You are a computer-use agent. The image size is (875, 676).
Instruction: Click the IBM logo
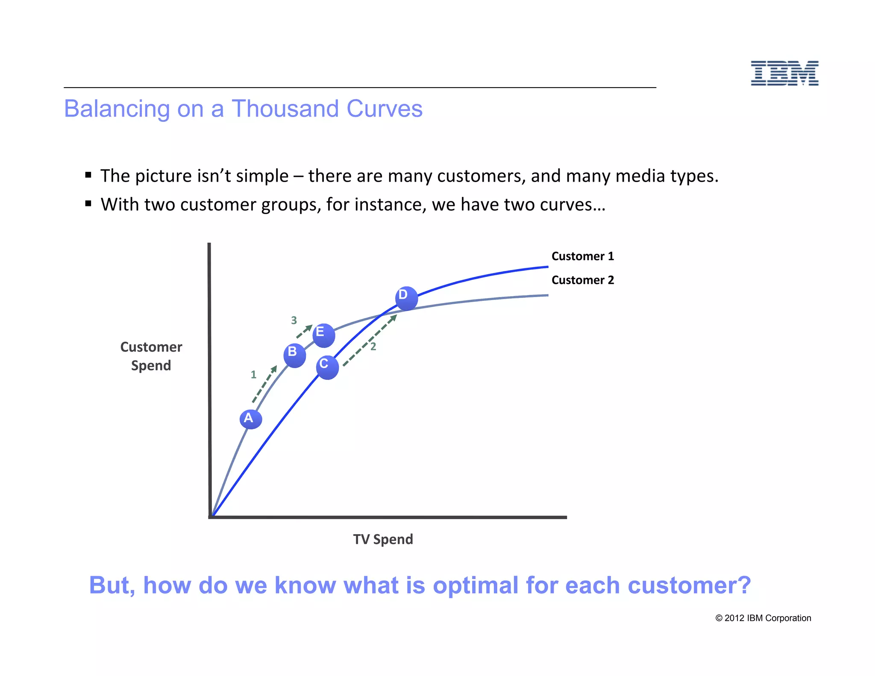[784, 73]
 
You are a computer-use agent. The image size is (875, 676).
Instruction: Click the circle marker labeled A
[250, 419]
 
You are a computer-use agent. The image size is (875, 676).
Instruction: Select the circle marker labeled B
[294, 355]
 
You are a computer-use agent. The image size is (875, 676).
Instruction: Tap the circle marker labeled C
[327, 367]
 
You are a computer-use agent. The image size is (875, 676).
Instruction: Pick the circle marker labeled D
[406, 298]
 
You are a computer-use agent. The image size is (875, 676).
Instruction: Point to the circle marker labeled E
[323, 335]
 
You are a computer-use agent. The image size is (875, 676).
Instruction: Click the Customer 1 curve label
[582, 256]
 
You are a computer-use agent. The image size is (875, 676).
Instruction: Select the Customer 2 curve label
[582, 280]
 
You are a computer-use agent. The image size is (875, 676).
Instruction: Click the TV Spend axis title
[383, 539]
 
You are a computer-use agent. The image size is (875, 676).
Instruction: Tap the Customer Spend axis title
[151, 356]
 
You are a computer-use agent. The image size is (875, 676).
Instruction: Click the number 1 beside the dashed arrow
[253, 375]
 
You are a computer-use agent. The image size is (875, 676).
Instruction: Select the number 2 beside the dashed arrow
[373, 347]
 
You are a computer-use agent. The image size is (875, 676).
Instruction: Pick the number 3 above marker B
[294, 320]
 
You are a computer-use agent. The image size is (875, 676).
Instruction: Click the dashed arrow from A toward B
[264, 384]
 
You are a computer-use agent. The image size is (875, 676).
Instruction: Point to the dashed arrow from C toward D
[370, 340]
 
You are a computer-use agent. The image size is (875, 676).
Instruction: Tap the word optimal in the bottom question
[476, 585]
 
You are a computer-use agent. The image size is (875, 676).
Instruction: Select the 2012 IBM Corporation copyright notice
[763, 618]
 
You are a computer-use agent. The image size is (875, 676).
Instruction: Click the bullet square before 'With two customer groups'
[88, 203]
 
